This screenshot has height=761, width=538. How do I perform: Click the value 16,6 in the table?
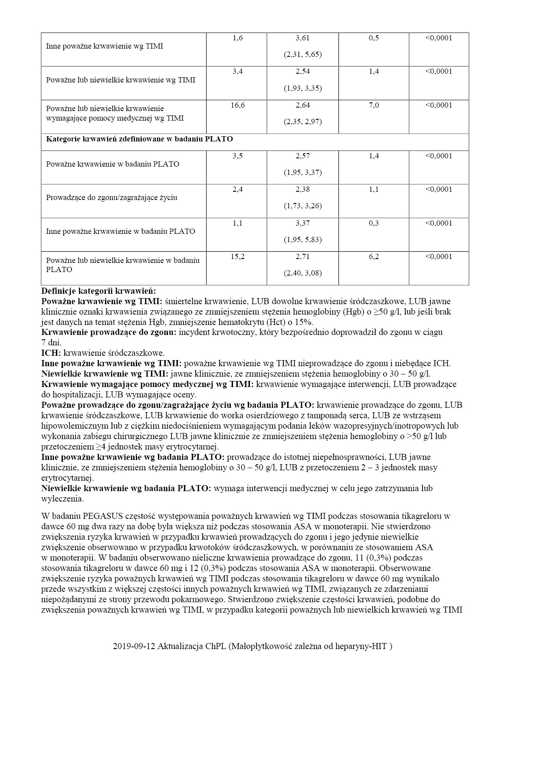point(237,105)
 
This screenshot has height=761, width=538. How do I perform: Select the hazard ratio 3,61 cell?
point(302,38)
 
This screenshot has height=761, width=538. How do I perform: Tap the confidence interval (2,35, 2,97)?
point(302,122)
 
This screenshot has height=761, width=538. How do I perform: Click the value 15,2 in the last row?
point(237,257)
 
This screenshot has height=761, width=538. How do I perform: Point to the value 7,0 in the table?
point(374,105)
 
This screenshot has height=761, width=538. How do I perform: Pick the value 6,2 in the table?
point(374,257)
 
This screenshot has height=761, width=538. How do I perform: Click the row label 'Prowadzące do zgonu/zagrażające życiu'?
point(112,198)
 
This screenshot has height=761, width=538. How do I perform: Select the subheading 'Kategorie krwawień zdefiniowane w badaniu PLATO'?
point(139,139)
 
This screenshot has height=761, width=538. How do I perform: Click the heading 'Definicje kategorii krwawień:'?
point(98,291)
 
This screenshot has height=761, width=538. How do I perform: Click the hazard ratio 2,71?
point(302,257)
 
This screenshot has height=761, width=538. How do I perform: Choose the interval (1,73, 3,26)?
point(302,206)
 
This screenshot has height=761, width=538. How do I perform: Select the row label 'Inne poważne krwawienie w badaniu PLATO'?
point(121,231)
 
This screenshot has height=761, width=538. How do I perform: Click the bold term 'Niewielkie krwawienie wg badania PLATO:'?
point(126,489)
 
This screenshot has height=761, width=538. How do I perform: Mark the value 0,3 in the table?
point(374,223)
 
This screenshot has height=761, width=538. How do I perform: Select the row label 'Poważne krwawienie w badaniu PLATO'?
point(112,164)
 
